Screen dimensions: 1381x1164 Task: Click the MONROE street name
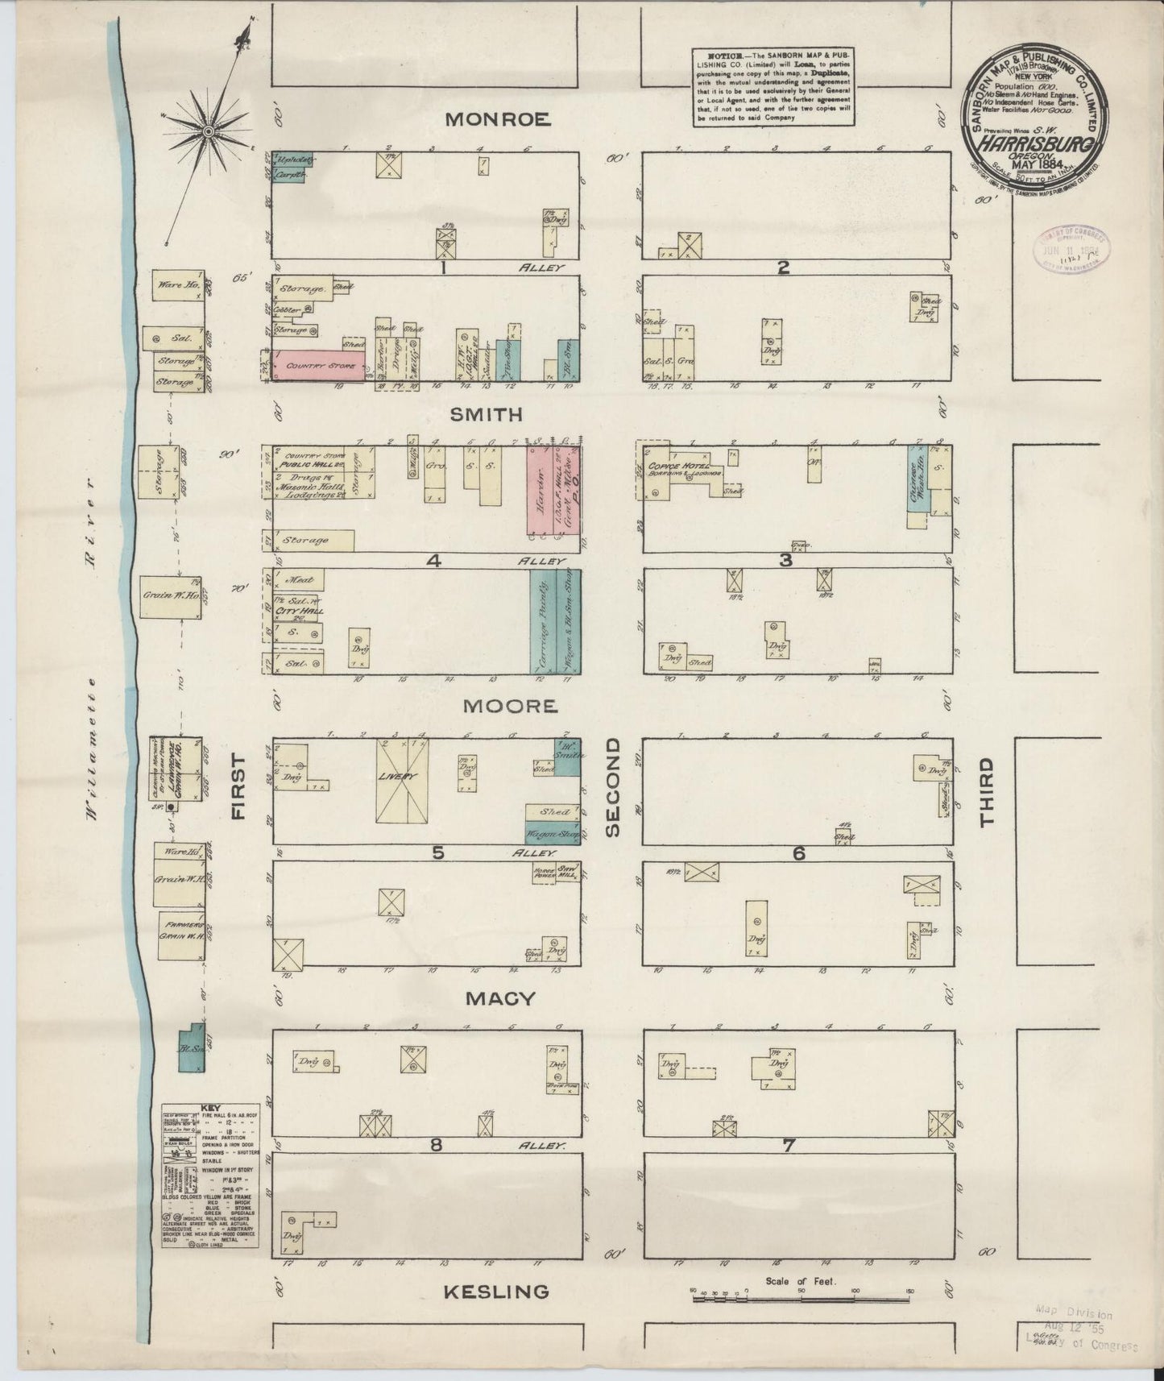tap(497, 119)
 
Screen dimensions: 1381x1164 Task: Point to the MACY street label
tap(500, 998)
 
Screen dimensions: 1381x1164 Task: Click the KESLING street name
tap(496, 1292)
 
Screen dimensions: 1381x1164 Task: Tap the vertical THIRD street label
tap(986, 791)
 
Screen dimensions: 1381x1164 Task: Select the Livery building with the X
tap(401, 779)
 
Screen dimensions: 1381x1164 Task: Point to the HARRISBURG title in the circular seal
tap(1035, 146)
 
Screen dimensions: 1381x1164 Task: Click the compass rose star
tap(207, 130)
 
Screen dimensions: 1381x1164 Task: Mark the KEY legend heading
tap(209, 1109)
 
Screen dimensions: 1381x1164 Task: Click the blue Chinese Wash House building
tap(918, 480)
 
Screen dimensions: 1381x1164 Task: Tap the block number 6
tap(797, 852)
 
